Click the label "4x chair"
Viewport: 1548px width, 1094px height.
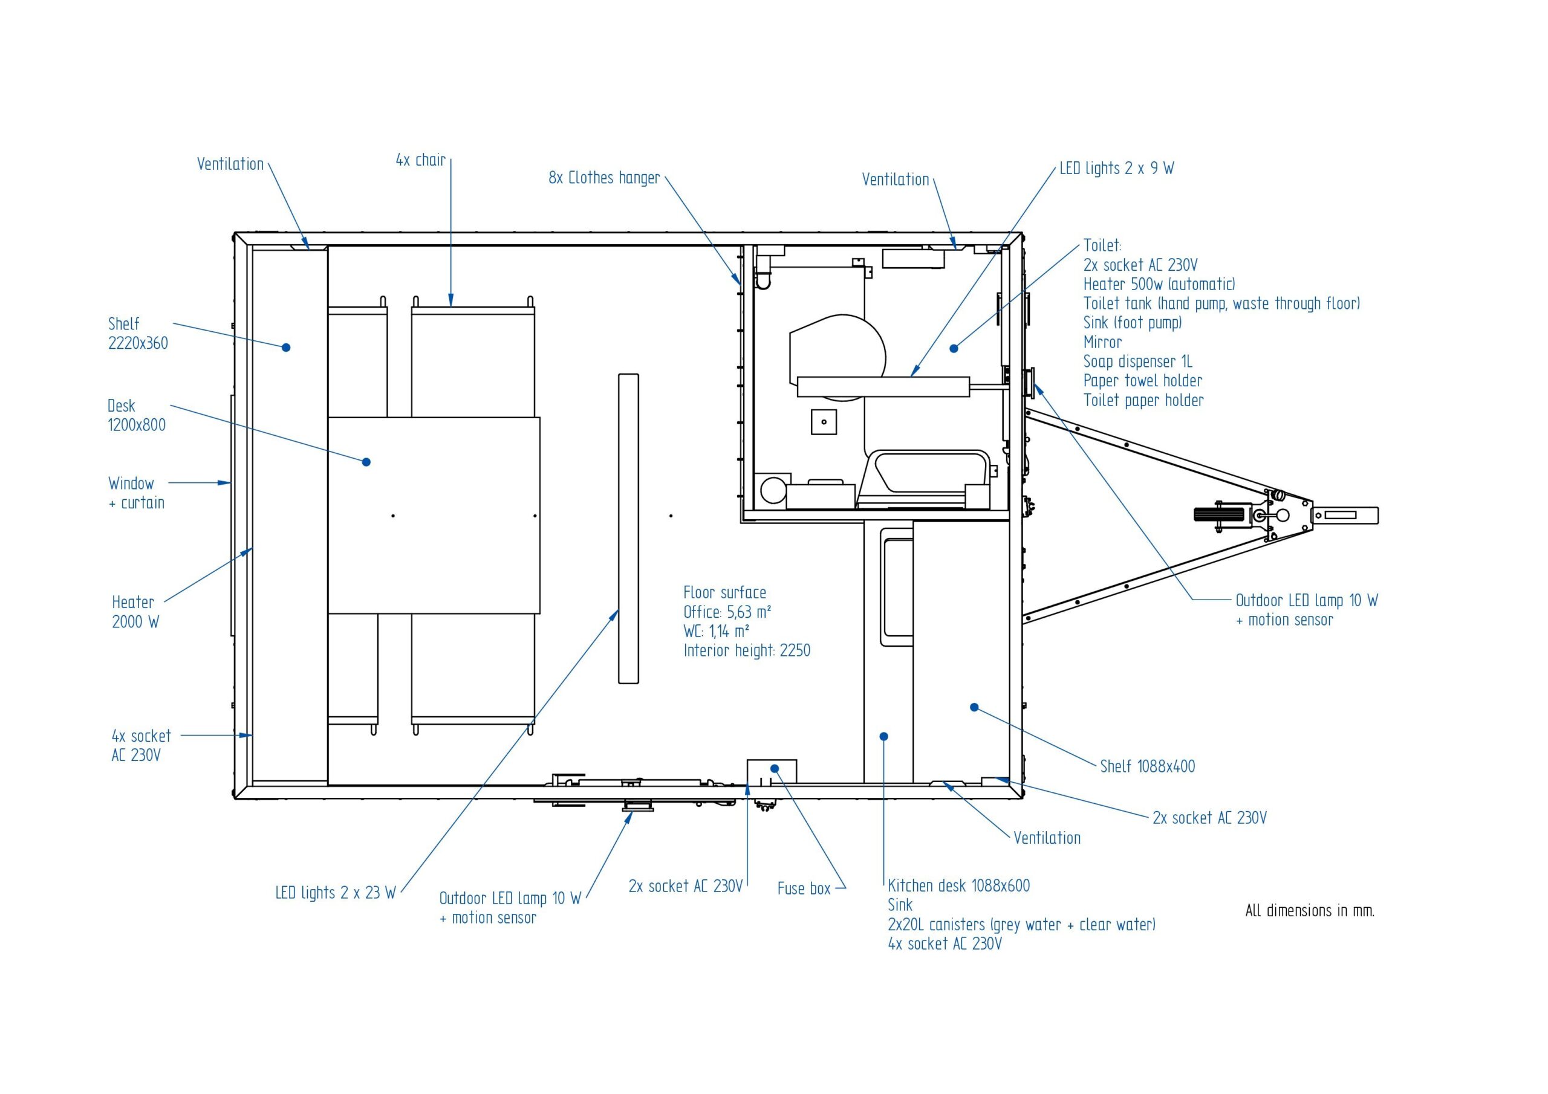pos(421,160)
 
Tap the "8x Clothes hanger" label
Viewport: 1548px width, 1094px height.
pos(604,177)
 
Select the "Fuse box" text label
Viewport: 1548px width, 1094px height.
pos(804,888)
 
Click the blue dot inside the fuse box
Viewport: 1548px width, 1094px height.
pos(775,768)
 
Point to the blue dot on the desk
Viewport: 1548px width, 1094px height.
pos(366,462)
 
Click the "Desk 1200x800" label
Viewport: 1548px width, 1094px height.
pos(136,415)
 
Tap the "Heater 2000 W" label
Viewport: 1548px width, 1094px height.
pos(135,612)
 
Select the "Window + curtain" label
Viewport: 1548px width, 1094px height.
pos(136,493)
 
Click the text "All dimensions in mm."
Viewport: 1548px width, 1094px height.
pos(1309,911)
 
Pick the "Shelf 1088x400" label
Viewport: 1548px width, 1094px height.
pos(1147,766)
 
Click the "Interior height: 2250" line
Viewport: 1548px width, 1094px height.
pos(746,650)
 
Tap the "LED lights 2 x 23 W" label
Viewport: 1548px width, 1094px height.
pos(335,893)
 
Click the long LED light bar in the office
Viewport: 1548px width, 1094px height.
pos(628,528)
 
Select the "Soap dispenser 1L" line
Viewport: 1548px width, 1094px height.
pos(1137,361)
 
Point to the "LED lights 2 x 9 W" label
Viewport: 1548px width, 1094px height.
pos(1116,168)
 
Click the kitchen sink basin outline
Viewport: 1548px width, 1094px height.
pos(897,586)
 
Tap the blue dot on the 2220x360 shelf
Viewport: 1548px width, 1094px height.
pos(286,347)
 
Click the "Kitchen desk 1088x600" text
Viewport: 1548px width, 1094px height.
pos(959,885)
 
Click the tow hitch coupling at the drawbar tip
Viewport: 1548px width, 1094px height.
pos(1344,516)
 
